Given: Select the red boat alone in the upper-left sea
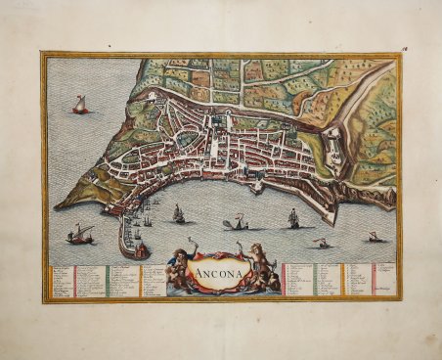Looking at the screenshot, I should pos(80,106).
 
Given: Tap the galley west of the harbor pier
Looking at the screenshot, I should pos(80,234).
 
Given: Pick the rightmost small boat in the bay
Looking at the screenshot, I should pos(373,236).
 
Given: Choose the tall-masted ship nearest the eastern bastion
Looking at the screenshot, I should pos(293,219).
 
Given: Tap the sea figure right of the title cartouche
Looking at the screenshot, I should pos(260,270).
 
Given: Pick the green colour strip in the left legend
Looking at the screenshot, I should pos(109,280).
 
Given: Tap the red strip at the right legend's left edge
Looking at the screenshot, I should pos(284,279).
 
